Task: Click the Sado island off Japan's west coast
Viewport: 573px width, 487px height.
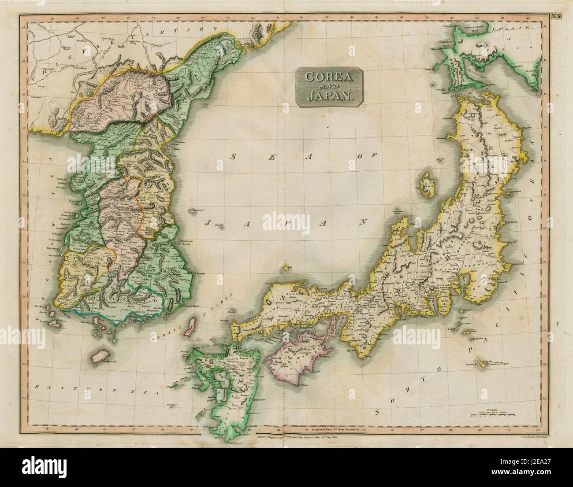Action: [427, 184]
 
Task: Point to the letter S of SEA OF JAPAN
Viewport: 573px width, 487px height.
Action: [234, 157]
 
